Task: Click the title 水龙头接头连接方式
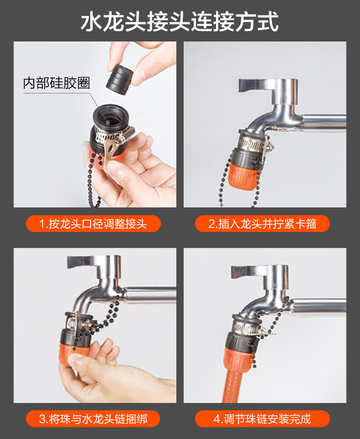(x=180, y=21)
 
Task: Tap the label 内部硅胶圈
(x=56, y=83)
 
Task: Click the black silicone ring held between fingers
(x=120, y=79)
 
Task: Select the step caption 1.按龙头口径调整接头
(x=93, y=224)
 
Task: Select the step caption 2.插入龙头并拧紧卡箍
(x=262, y=224)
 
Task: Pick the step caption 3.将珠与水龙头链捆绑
(x=93, y=419)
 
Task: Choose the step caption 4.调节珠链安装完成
(x=262, y=419)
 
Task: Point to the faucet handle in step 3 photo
(x=84, y=262)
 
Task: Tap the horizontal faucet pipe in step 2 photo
(x=325, y=122)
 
